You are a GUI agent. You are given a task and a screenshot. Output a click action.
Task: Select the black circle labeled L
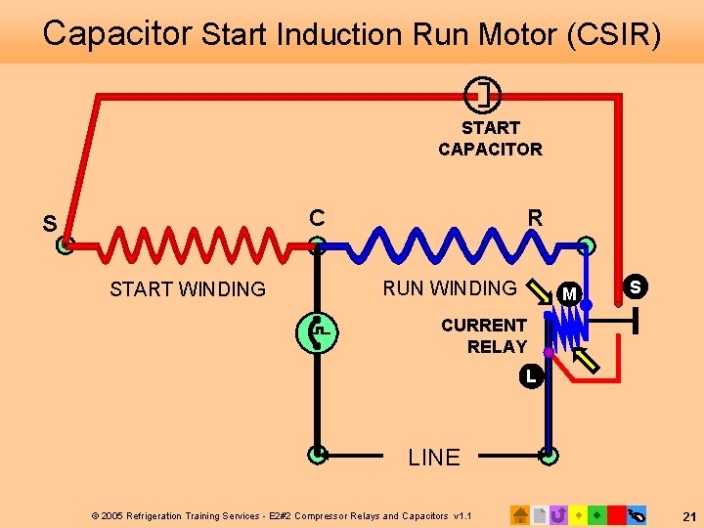pyautogui.click(x=530, y=374)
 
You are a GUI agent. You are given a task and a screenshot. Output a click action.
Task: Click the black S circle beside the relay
pyautogui.click(x=636, y=286)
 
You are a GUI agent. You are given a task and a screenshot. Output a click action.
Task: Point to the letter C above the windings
pyautogui.click(x=317, y=217)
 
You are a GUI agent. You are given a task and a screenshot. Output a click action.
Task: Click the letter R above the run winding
pyautogui.click(x=534, y=217)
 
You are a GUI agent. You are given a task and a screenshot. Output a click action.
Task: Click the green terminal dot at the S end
pyautogui.click(x=65, y=245)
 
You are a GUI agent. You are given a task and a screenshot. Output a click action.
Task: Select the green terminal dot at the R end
pyautogui.click(x=587, y=245)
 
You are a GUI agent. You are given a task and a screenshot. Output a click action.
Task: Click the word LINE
pyautogui.click(x=434, y=458)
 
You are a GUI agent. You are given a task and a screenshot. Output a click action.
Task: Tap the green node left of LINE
pyautogui.click(x=317, y=454)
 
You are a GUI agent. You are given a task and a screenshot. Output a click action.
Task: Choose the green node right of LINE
pyautogui.click(x=549, y=454)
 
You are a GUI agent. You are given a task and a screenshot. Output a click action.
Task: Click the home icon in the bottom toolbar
pyautogui.click(x=520, y=514)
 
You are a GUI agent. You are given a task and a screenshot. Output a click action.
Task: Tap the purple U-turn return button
pyautogui.click(x=559, y=514)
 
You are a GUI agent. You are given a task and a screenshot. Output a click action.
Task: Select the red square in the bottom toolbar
pyautogui.click(x=617, y=514)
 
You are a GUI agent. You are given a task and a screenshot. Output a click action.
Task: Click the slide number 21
pyautogui.click(x=688, y=515)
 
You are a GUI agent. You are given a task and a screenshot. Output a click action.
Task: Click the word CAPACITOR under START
pyautogui.click(x=490, y=150)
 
